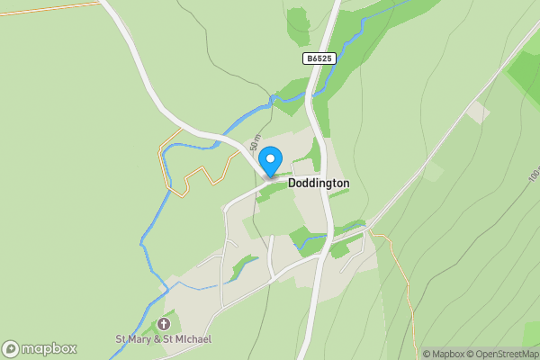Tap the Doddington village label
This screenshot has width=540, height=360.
coord(319,183)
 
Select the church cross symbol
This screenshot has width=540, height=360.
coord(164,323)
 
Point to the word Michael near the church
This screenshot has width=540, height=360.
coord(192,339)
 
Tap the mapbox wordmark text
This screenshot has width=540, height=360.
coord(49,348)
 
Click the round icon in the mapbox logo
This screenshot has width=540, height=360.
coord(11,348)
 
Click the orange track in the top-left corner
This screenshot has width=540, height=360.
coord(45,8)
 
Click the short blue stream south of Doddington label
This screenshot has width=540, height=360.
coord(310,241)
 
